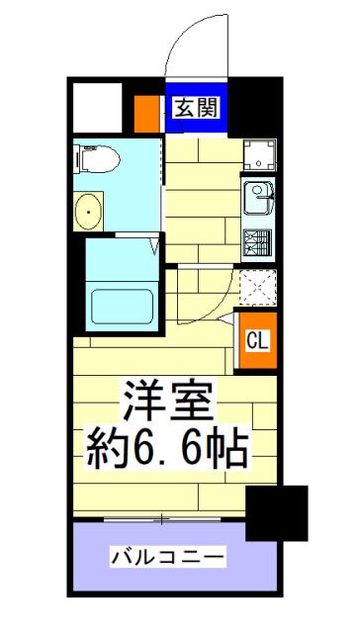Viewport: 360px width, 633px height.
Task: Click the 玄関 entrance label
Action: click(197, 108)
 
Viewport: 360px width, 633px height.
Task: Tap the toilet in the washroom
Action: click(97, 159)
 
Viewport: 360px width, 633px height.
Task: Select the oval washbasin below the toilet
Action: click(88, 211)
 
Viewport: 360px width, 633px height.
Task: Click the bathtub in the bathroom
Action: click(122, 306)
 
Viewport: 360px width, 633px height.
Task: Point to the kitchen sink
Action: click(259, 198)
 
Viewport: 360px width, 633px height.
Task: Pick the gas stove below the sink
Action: click(258, 241)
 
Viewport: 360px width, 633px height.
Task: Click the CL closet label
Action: click(257, 341)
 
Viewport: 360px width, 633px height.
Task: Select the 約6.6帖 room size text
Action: click(167, 450)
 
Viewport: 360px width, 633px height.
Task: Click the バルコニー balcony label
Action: click(167, 558)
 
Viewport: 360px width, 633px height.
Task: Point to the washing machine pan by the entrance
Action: click(259, 154)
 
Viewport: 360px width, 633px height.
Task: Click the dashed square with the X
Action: click(258, 287)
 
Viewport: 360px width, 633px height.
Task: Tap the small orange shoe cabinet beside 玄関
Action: click(146, 114)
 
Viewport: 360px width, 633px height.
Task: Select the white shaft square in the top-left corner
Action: click(97, 108)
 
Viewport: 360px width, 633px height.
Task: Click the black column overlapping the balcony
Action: click(277, 513)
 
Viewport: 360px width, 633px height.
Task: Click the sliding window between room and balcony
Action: click(162, 518)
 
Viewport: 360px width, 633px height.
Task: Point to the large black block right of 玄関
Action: click(255, 107)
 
